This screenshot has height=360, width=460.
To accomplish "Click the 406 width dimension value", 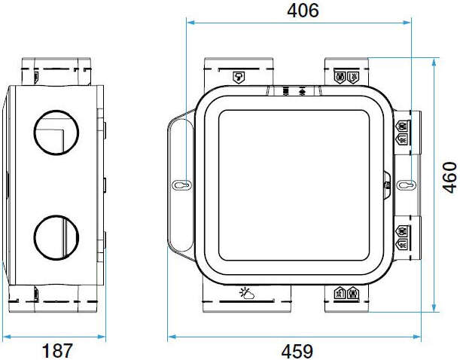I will click(x=303, y=11).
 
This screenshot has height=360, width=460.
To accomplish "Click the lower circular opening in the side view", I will click(x=55, y=236).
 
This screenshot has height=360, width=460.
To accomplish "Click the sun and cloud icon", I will click(x=245, y=293).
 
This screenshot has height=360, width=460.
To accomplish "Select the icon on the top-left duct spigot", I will click(x=239, y=76).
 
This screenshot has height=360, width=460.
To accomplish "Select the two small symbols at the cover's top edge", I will click(x=294, y=91).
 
